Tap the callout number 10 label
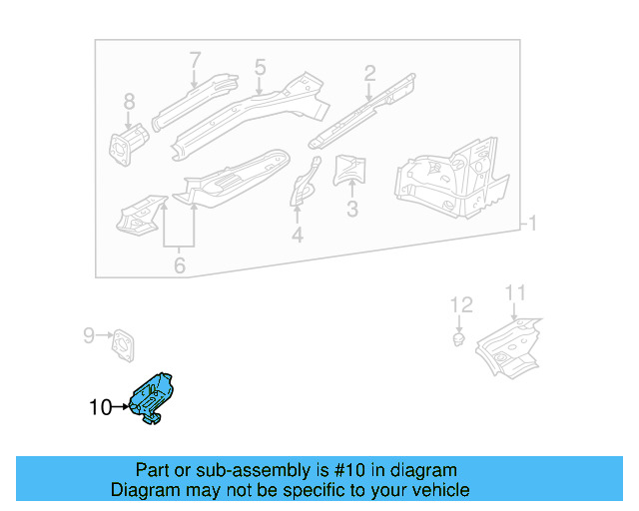(100, 407)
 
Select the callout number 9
(88, 335)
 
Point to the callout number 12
(460, 304)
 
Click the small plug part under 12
(457, 339)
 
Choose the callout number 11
(514, 292)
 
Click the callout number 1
(533, 224)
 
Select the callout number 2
(369, 73)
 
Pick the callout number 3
(351, 210)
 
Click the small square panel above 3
(348, 171)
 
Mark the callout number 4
(297, 236)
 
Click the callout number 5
(260, 68)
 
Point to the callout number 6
(179, 265)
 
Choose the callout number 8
(128, 101)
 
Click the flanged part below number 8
(126, 144)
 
